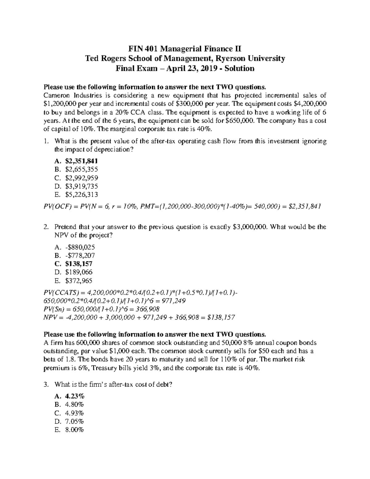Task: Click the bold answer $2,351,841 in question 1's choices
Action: tap(82, 161)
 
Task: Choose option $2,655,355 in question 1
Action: tap(82, 169)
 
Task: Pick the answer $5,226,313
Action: tap(82, 194)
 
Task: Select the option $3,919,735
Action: tap(82, 186)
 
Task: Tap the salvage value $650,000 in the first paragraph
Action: tap(240, 121)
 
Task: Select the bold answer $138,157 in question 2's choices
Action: tap(79, 264)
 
